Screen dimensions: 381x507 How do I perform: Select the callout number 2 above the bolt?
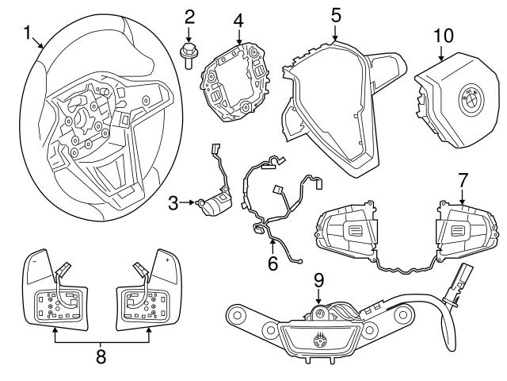(x=189, y=15)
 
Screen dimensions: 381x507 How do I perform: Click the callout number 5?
(x=336, y=13)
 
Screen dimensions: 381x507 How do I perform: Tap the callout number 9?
(x=318, y=280)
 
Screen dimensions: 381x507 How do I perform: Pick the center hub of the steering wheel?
(x=82, y=123)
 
